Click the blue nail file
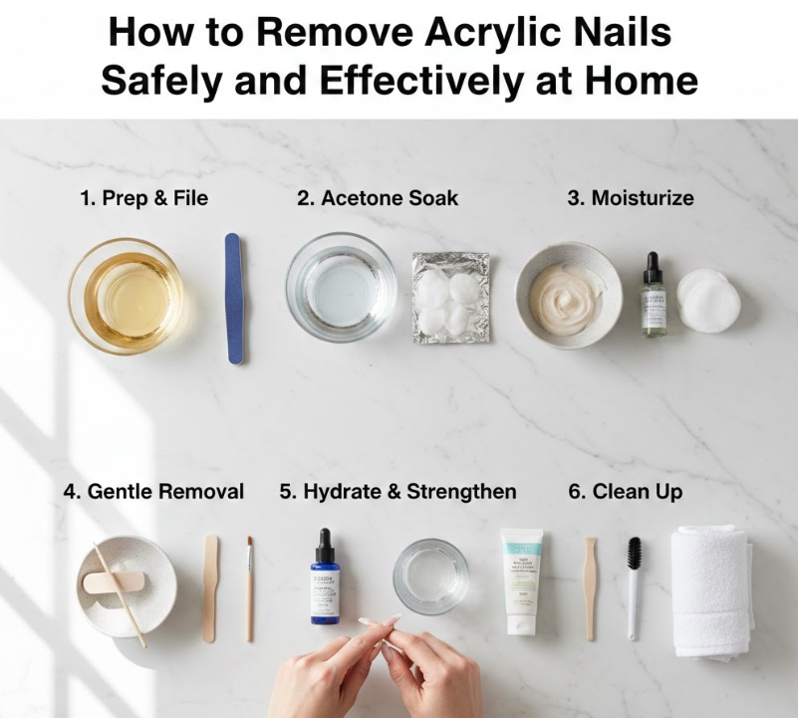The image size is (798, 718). (x=234, y=298)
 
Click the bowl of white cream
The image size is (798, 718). (x=568, y=295)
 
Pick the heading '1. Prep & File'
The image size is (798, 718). (x=143, y=198)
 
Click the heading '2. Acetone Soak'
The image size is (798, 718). (x=378, y=198)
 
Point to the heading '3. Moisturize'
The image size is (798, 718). (x=631, y=198)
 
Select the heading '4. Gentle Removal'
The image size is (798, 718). (x=153, y=491)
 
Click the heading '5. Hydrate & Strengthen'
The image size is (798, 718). (x=398, y=491)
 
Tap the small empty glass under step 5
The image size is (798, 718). (x=430, y=576)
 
